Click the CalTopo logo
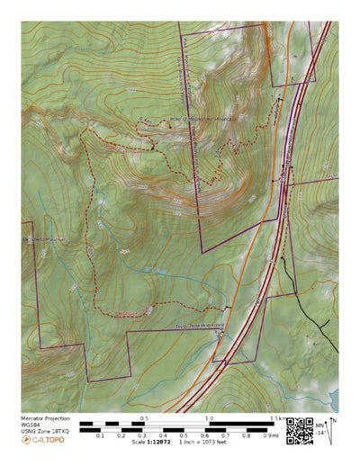pos(41,440)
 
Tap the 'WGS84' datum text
pos(31,426)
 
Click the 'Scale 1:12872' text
pos(151,442)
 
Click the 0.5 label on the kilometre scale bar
pos(143,418)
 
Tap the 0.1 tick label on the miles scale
pos(100,435)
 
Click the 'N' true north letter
pos(333,419)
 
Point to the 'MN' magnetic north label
pos(320,425)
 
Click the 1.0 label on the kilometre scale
pos(209,418)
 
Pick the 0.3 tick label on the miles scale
pos(142,435)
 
